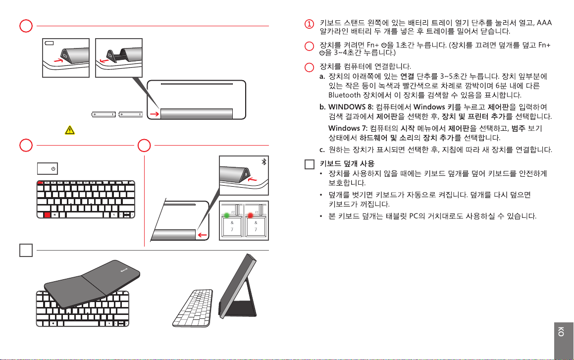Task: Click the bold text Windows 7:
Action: click(x=348, y=129)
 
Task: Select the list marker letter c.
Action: click(x=322, y=149)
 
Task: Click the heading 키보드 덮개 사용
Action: click(x=347, y=163)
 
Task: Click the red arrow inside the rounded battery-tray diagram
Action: click(x=154, y=114)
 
